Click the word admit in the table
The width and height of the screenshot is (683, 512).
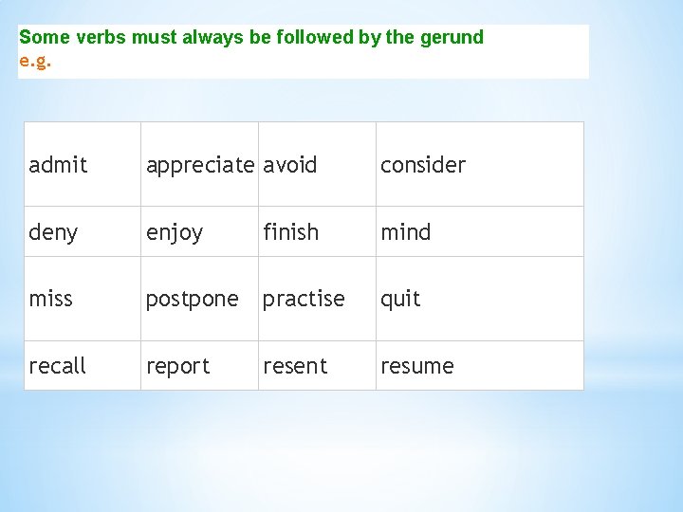(58, 165)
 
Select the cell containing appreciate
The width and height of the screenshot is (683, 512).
(199, 165)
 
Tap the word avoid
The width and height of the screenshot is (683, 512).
(290, 165)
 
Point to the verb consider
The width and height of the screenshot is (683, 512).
(423, 165)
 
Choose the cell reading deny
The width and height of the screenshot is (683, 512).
(53, 232)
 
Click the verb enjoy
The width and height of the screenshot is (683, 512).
(174, 232)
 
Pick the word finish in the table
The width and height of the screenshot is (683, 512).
(290, 231)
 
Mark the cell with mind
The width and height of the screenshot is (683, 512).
(405, 231)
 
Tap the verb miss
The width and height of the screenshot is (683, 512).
(50, 299)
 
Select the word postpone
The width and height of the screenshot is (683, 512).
(192, 300)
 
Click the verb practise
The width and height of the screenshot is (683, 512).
(304, 299)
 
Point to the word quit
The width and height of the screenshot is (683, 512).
(400, 300)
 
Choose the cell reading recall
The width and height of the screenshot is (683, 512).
(57, 366)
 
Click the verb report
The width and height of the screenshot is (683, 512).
(177, 367)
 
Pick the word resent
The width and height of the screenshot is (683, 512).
(295, 366)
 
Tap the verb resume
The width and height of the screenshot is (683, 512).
(417, 366)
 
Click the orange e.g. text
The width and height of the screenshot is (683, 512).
(35, 62)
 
